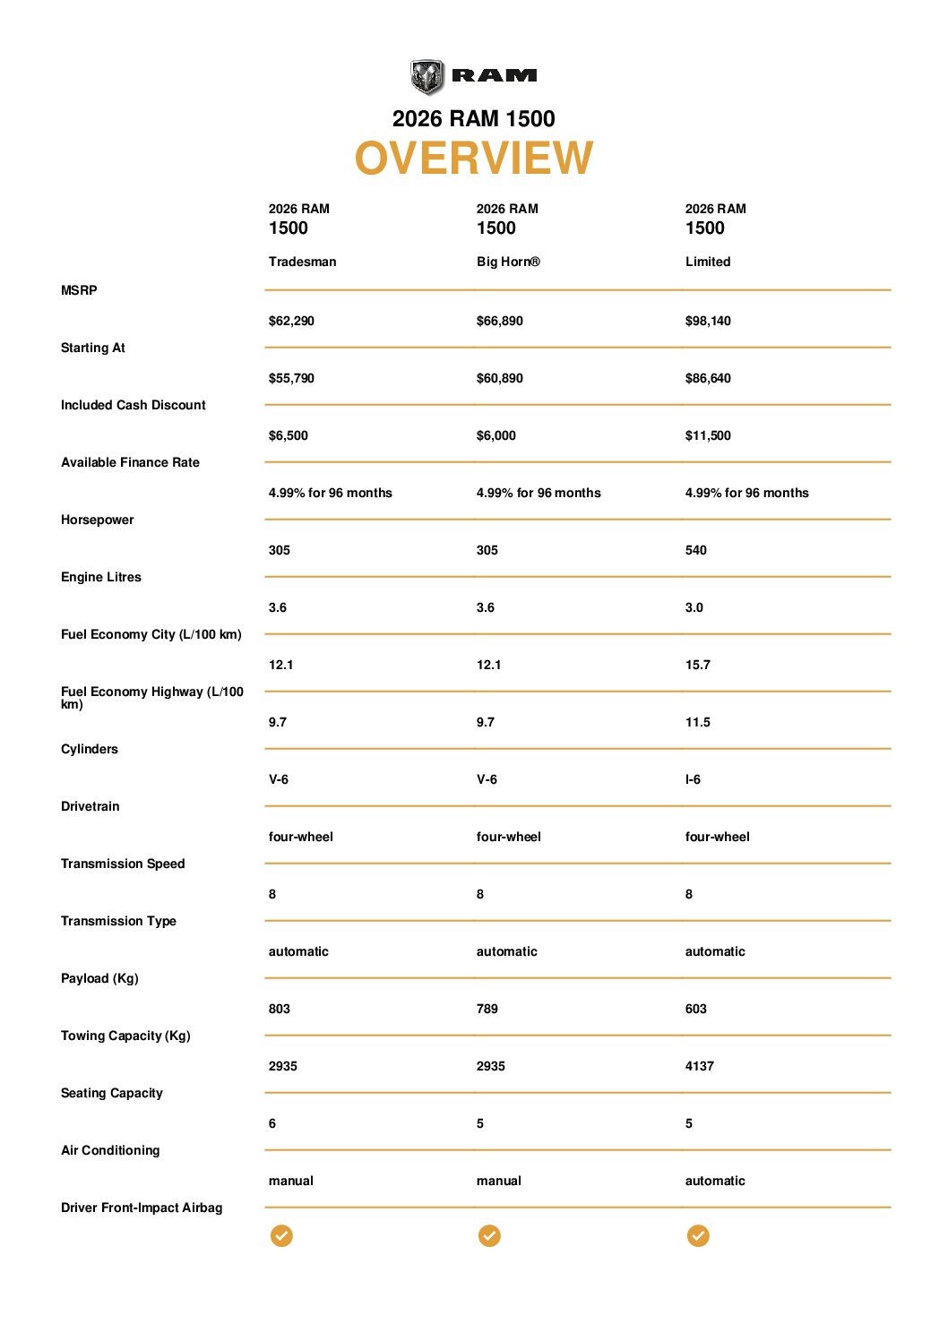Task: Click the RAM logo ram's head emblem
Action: tap(427, 77)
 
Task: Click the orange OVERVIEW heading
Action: tap(474, 159)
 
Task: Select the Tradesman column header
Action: tap(302, 262)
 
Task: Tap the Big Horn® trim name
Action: tap(508, 262)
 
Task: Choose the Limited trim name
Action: tap(708, 262)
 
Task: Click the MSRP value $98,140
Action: tap(708, 321)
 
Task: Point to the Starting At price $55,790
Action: tap(291, 378)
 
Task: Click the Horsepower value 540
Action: tap(696, 550)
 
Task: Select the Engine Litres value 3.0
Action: tap(694, 607)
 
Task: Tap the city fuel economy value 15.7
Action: tap(698, 665)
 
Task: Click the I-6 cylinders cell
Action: tap(694, 779)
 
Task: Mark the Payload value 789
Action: tap(487, 1009)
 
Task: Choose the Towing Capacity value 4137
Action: tap(700, 1066)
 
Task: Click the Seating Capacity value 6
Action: tap(272, 1123)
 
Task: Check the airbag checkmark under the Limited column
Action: tap(698, 1236)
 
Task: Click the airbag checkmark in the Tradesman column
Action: tap(281, 1236)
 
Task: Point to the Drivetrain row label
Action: tap(90, 806)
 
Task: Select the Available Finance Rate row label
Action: tap(130, 462)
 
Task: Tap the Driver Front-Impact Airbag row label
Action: tap(142, 1208)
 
